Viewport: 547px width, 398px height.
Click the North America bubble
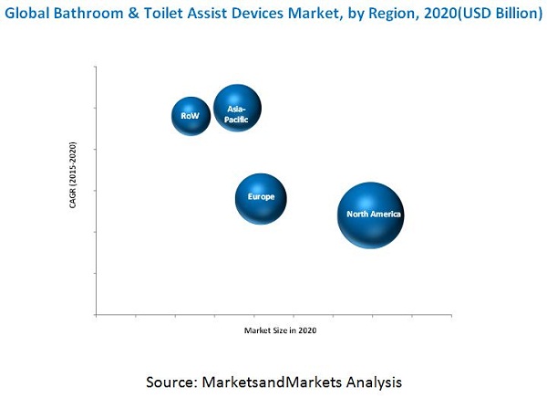pos(370,215)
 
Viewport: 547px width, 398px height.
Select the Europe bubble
pos(261,198)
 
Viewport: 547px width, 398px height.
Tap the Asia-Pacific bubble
pos(237,110)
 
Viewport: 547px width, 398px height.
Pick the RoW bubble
pos(191,116)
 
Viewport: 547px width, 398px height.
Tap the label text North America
pos(374,215)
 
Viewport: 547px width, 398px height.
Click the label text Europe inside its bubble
pos(262,196)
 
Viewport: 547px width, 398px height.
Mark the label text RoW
pos(190,116)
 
